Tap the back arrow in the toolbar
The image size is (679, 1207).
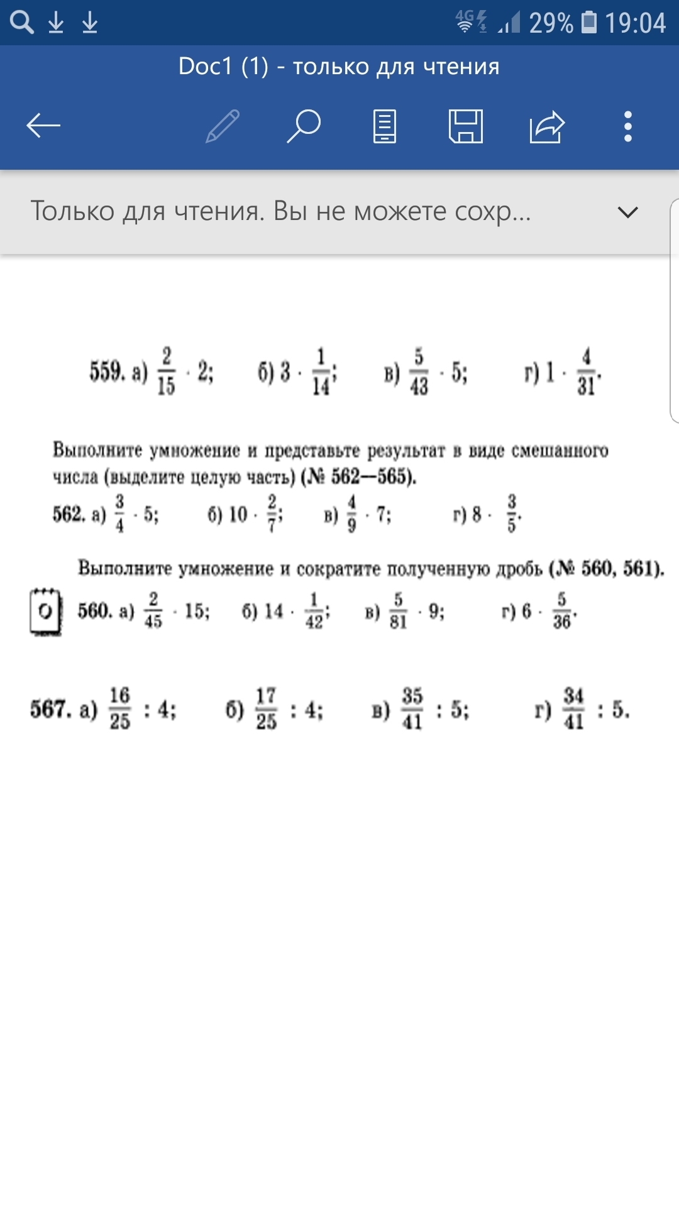(43, 126)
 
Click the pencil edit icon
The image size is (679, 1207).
(223, 126)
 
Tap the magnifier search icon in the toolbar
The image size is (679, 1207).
(304, 126)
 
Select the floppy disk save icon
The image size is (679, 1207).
(466, 126)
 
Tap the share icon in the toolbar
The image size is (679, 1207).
(547, 126)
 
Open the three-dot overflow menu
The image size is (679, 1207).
(627, 126)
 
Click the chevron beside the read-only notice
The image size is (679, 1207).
(627, 212)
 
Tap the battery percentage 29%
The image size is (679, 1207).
(551, 23)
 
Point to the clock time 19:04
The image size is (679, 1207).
(635, 23)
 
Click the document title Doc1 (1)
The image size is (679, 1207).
(223, 67)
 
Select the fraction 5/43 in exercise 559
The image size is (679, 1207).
(419, 372)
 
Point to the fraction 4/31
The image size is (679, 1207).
(586, 372)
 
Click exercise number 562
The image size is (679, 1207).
(68, 514)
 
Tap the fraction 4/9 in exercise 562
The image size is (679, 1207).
(351, 514)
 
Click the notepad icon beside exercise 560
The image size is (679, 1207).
(46, 611)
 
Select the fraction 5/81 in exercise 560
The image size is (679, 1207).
(398, 611)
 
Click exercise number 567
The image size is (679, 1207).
(50, 709)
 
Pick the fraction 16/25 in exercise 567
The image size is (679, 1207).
(119, 708)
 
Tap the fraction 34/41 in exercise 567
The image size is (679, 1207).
(573, 708)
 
